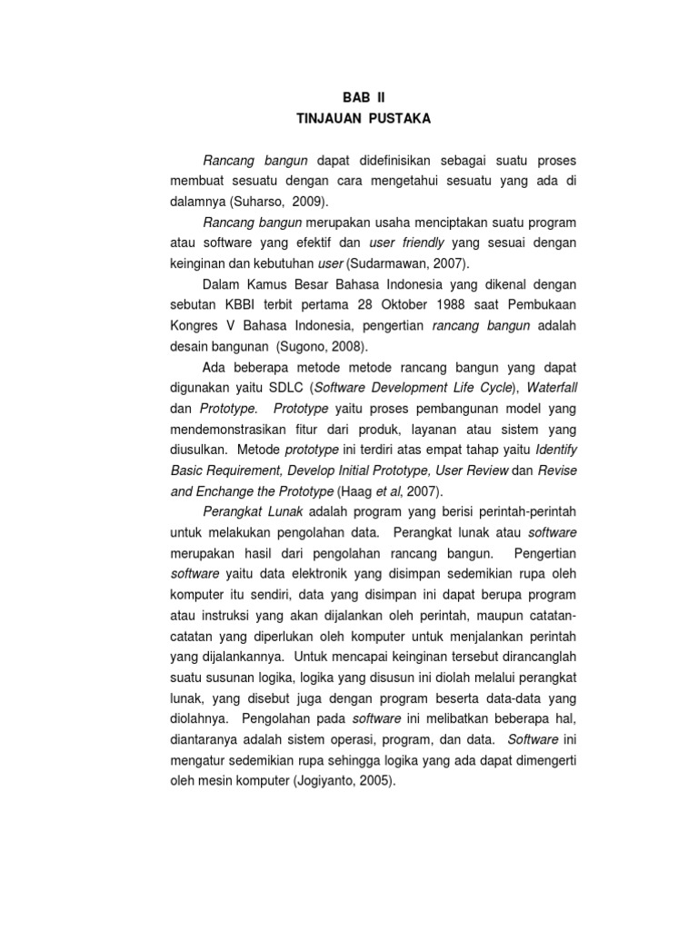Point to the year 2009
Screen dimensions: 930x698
click(307, 200)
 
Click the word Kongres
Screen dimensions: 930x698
click(196, 326)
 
